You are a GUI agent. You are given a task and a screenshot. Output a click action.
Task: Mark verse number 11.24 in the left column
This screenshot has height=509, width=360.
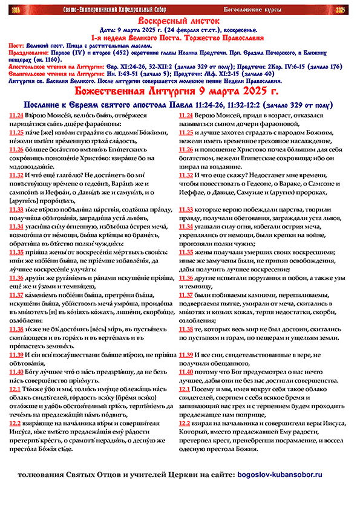click(18, 114)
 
